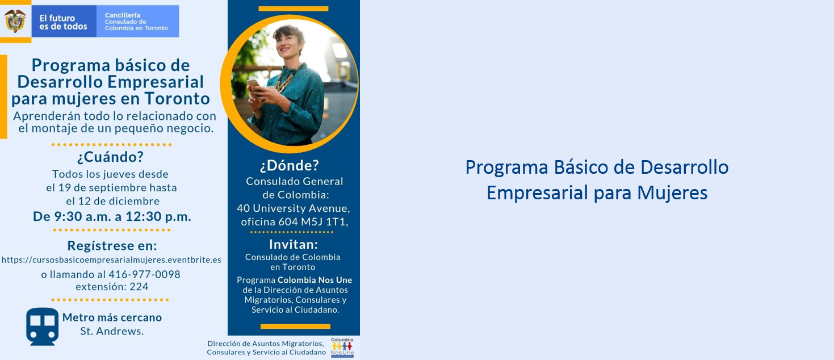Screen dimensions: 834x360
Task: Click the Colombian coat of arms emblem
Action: [x=15, y=21]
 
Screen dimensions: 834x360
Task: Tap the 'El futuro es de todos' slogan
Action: [x=63, y=22]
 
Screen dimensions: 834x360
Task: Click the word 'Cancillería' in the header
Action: [x=123, y=15]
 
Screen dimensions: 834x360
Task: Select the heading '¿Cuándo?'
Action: [x=110, y=157]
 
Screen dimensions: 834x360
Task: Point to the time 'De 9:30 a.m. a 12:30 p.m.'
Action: [x=112, y=216]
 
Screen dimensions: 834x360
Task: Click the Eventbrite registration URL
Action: [x=111, y=260]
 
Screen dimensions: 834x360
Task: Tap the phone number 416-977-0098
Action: [x=144, y=274]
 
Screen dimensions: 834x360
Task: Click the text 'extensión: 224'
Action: [x=112, y=287]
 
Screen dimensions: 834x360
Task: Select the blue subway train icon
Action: [x=42, y=326]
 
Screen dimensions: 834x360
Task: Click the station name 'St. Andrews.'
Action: [x=112, y=331]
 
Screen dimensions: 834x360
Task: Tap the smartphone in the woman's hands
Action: [x=253, y=85]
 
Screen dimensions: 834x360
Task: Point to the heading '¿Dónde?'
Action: [x=290, y=166]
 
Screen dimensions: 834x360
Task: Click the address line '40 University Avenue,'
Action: [x=294, y=208]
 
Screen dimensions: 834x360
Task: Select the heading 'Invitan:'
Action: [x=294, y=244]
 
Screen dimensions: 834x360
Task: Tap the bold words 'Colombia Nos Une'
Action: [x=315, y=280]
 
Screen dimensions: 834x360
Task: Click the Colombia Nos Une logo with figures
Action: [x=342, y=348]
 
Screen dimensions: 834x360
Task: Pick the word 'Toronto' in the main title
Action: [x=177, y=99]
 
